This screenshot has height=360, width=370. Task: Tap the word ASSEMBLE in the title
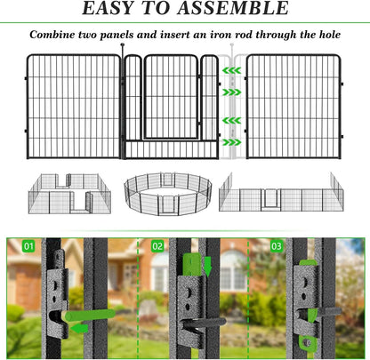pos(236,11)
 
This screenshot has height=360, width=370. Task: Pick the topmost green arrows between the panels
pos(230,68)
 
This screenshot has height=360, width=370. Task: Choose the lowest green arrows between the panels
pos(230,141)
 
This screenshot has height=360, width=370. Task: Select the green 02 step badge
pos(157,245)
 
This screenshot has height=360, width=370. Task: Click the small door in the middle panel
pos(171,97)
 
